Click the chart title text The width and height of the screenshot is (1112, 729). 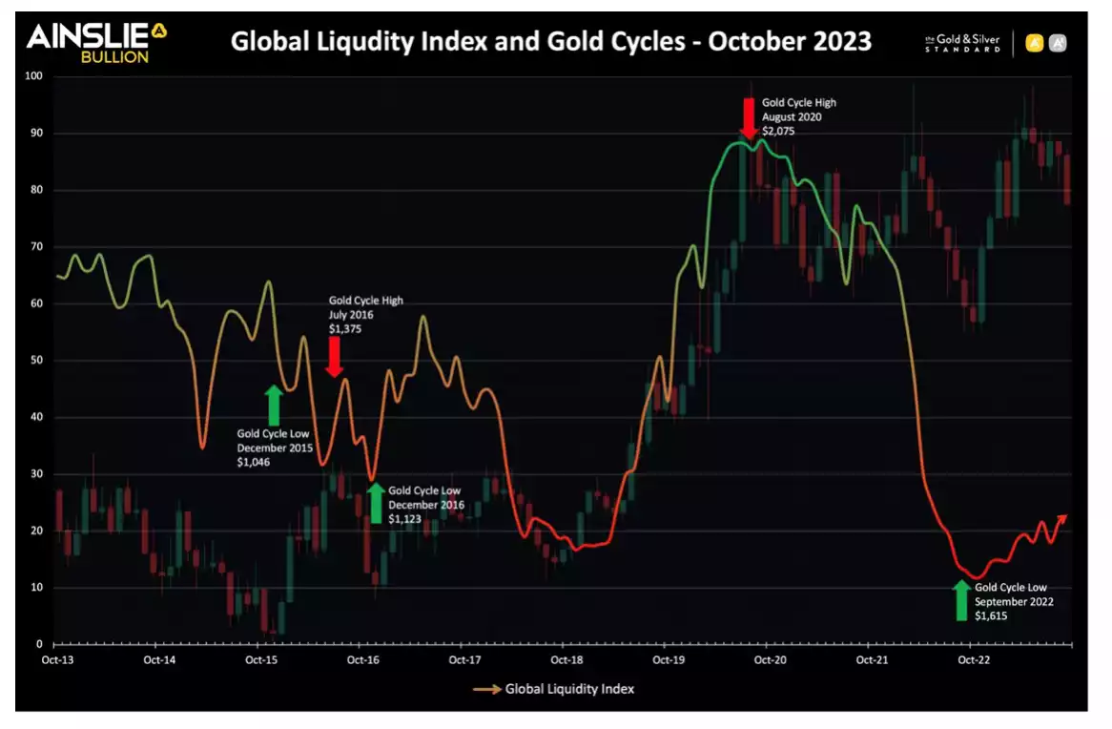tap(551, 42)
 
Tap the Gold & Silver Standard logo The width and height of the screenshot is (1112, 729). tap(962, 43)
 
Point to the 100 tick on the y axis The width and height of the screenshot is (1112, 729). tap(35, 76)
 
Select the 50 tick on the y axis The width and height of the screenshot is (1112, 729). tap(35, 361)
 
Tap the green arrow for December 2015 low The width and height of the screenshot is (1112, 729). tap(274, 405)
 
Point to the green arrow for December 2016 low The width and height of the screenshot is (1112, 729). tap(376, 503)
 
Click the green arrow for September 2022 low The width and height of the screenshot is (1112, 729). tap(961, 600)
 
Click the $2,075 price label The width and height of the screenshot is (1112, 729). tap(778, 131)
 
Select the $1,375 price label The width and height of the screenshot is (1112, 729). tap(345, 328)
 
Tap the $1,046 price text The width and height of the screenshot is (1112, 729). tap(253, 462)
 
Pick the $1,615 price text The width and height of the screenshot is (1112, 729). tap(991, 616)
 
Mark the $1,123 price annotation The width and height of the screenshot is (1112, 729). tap(405, 519)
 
